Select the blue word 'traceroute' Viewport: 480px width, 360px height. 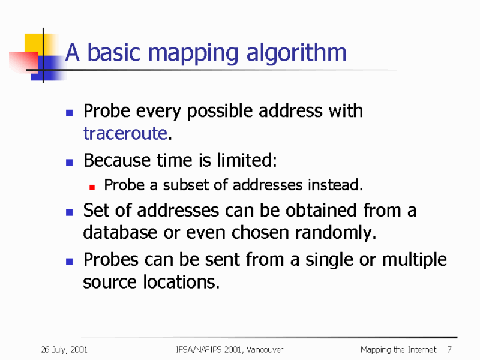[x=125, y=133]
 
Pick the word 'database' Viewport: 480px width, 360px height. [x=119, y=232]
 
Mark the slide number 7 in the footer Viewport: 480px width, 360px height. [x=449, y=350]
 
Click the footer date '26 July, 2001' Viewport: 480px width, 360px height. [x=64, y=350]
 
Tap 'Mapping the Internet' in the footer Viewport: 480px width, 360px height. [x=398, y=350]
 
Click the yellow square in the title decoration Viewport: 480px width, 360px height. [x=35, y=43]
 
